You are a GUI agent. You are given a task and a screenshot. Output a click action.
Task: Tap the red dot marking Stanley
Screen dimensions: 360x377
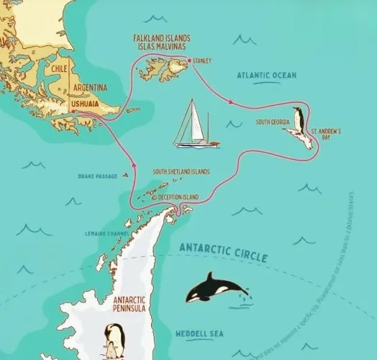189,61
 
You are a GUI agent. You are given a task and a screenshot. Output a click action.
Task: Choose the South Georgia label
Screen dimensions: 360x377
273,122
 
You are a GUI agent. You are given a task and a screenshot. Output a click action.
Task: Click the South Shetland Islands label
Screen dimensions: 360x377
181,172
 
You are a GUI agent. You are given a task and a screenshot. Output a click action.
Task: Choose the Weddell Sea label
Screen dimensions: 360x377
199,333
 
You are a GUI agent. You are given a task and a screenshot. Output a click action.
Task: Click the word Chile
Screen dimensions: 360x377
59,69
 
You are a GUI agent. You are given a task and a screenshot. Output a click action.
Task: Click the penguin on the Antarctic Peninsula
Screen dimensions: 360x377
114,340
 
